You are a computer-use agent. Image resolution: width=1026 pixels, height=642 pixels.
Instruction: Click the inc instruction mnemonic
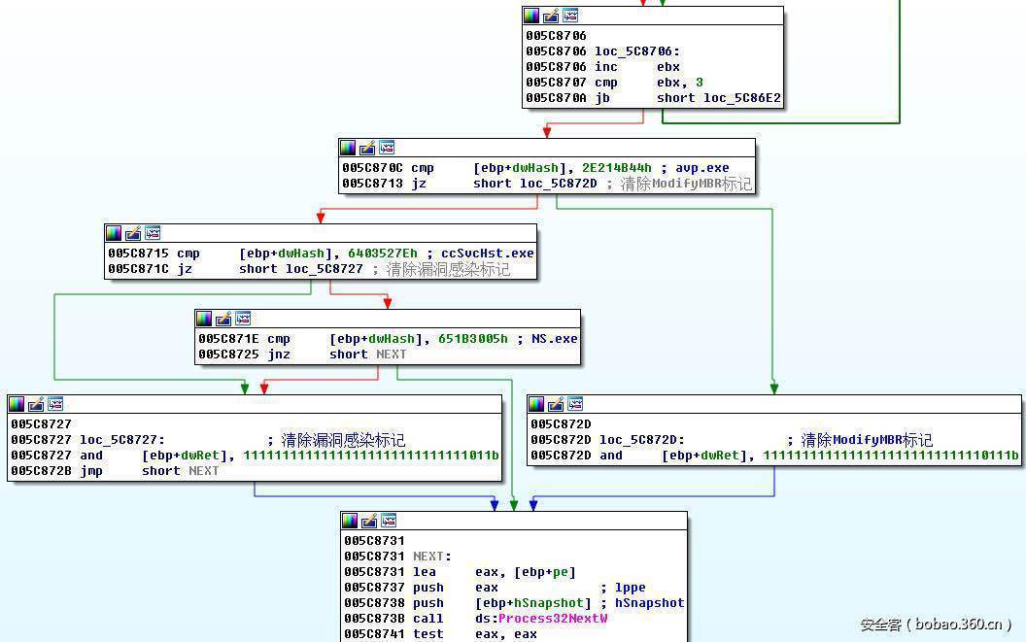(605, 67)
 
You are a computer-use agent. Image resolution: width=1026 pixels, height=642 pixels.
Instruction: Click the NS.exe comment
(554, 339)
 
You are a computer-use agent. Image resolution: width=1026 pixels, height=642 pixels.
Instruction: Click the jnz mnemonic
(278, 355)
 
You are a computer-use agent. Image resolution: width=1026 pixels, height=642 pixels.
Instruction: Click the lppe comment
(630, 588)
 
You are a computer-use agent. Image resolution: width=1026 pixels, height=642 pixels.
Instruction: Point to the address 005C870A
(556, 98)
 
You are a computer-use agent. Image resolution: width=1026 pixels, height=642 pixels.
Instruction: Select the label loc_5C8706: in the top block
(635, 51)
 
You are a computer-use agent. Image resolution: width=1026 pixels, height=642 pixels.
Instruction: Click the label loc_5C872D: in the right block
(641, 440)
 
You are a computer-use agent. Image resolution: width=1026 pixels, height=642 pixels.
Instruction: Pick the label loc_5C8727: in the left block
(121, 440)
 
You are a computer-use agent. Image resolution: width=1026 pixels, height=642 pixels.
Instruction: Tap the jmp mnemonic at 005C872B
(90, 471)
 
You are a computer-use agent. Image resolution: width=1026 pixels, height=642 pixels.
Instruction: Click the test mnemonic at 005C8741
(427, 634)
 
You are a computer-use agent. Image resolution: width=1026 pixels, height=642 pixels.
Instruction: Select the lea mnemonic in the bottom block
(424, 572)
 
